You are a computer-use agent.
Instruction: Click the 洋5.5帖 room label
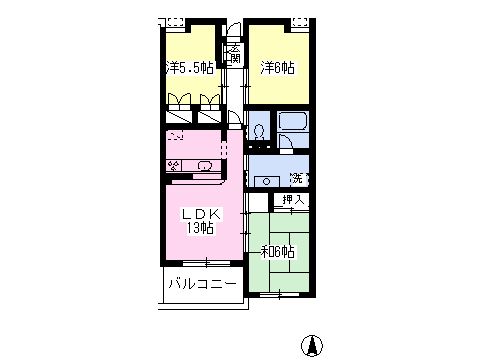[x=190, y=68]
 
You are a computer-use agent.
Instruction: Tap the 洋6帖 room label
[x=278, y=68]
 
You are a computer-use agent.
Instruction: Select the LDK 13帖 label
[x=201, y=221]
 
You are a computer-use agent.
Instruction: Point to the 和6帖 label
[x=277, y=252]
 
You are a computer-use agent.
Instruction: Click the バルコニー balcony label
[x=203, y=284]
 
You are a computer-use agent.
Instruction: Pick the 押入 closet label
[x=293, y=199]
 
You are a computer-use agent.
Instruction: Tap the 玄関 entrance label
[x=235, y=53]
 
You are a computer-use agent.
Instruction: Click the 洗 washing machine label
[x=296, y=178]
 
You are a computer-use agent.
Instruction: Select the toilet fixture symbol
[x=258, y=132]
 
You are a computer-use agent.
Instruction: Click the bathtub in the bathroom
[x=293, y=121]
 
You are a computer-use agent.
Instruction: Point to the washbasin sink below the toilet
[x=267, y=182]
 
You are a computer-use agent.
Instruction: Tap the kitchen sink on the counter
[x=204, y=165]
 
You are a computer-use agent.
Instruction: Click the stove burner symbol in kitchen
[x=174, y=165]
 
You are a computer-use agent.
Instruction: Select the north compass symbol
[x=312, y=345]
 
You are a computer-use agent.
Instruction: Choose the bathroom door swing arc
[x=287, y=143]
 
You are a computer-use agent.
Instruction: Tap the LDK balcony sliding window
[x=207, y=263]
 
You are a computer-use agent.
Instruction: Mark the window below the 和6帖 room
[x=279, y=295]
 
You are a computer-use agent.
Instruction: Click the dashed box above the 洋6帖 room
[x=301, y=22]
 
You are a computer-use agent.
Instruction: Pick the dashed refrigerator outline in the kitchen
[x=176, y=136]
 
